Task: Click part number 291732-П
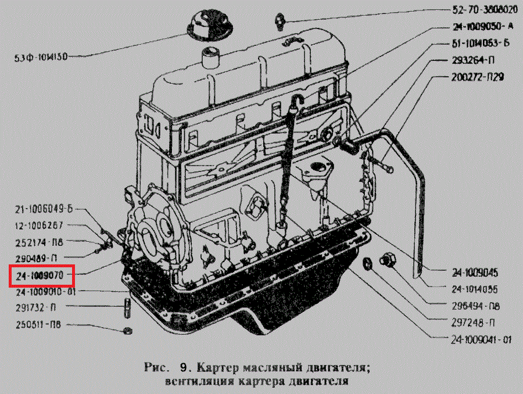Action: pos(37,306)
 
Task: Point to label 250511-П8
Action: pos(38,324)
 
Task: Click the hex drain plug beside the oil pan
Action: pos(388,261)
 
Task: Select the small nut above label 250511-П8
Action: pos(128,331)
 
